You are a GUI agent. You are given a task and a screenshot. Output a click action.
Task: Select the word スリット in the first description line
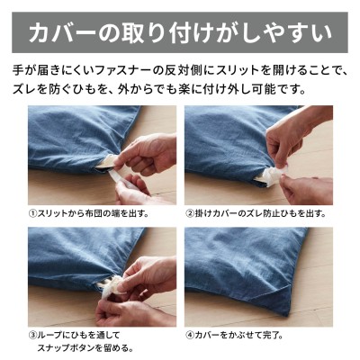(237, 71)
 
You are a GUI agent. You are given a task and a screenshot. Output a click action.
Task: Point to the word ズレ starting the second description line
(23, 89)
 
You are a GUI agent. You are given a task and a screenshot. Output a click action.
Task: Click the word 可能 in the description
(272, 89)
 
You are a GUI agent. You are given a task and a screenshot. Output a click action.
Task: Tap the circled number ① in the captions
(32, 213)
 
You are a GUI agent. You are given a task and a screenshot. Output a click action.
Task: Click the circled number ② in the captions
(190, 213)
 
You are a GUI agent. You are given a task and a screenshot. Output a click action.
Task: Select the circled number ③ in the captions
(32, 335)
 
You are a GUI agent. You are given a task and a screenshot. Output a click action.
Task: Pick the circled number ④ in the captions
(190, 335)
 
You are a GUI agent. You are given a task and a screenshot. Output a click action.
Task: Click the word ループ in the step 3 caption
(48, 335)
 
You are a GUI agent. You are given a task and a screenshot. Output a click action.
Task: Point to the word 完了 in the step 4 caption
(270, 335)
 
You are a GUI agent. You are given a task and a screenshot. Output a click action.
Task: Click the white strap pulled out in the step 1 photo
(121, 179)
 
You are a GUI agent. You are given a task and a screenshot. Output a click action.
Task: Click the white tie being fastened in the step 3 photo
(112, 285)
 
